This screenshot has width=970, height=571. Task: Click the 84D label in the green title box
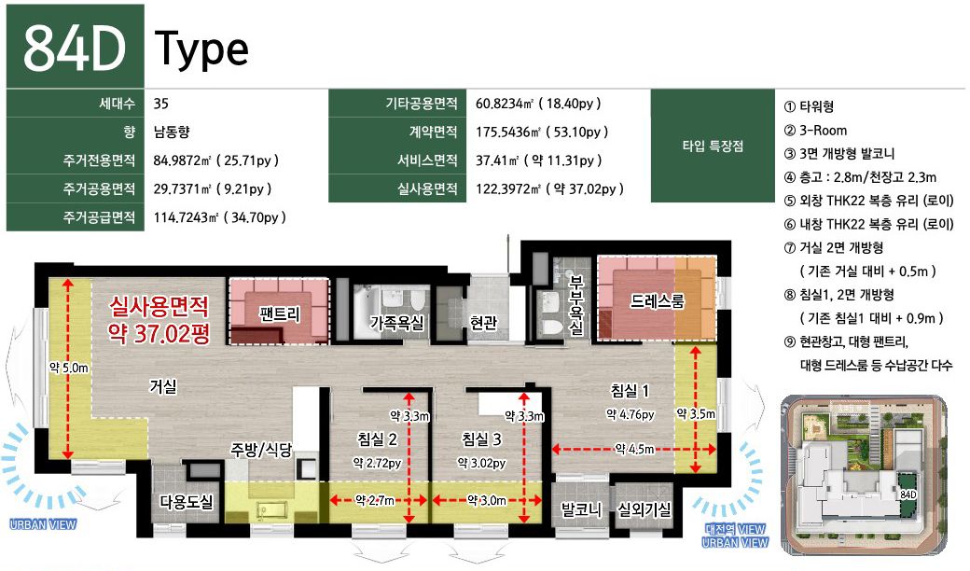(75, 49)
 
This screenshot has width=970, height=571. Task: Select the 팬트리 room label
(280, 314)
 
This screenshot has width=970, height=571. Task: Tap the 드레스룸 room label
(657, 300)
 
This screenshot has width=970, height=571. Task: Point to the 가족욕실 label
(396, 322)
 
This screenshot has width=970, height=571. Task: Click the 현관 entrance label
(483, 322)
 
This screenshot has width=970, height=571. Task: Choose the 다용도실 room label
(187, 502)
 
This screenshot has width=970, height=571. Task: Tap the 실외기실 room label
(644, 509)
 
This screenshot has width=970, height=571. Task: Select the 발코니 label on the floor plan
(581, 509)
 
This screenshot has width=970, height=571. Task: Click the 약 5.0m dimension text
(69, 369)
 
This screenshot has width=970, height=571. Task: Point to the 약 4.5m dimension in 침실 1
(634, 449)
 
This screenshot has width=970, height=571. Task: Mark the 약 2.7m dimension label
(375, 500)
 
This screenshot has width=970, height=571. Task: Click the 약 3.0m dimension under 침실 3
(487, 500)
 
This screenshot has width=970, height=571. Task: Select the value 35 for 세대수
(160, 104)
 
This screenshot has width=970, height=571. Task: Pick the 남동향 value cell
(172, 132)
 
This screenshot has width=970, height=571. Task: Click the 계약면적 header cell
(433, 132)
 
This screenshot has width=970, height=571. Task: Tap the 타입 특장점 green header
(713, 146)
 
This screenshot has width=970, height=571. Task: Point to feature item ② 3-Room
(815, 130)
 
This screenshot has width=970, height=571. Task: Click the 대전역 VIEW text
(735, 529)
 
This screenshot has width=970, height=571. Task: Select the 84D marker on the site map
(908, 494)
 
